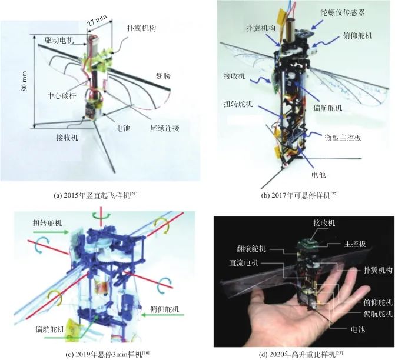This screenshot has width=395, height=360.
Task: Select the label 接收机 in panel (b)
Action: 234,76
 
